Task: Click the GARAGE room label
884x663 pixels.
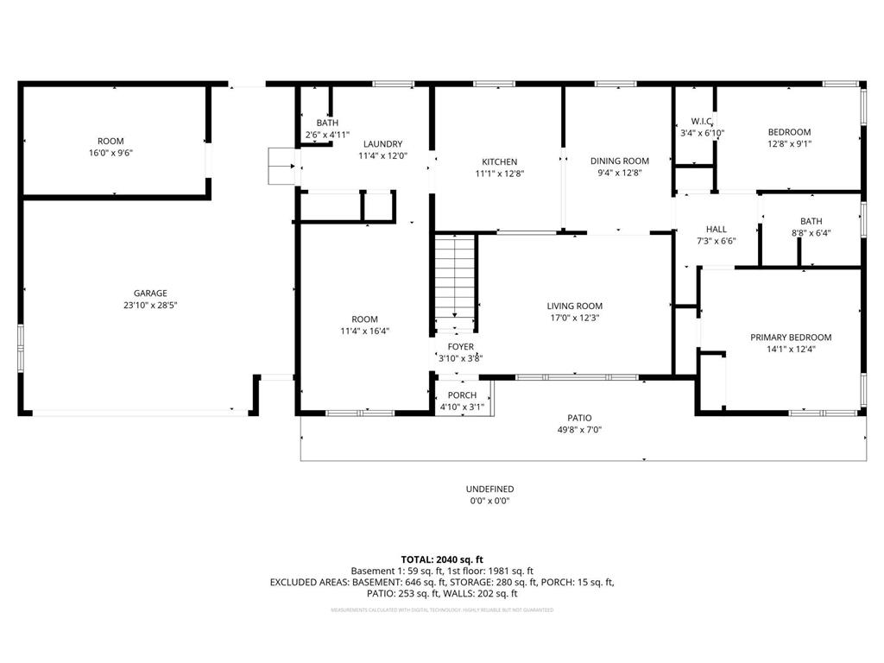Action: pos(150,293)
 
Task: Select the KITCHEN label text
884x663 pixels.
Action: pos(499,161)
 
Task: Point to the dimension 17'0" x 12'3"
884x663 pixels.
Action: pos(574,318)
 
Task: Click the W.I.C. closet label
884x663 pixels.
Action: pos(702,122)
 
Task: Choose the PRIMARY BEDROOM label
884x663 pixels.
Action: pos(790,338)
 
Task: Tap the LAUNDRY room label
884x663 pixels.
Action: pos(382,144)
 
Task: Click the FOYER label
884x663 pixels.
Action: pos(460,347)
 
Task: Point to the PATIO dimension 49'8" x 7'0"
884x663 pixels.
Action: pos(579,429)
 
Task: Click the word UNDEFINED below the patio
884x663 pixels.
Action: pos(489,489)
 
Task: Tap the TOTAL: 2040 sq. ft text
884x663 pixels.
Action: pos(442,559)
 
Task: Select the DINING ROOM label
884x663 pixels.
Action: pos(619,161)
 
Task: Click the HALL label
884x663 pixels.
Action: pos(717,230)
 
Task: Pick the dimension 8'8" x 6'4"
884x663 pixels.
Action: pos(811,232)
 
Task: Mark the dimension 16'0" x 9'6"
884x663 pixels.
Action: pos(110,153)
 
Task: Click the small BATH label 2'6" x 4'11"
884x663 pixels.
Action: pos(327,123)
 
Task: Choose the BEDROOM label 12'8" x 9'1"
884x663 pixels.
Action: pos(789,132)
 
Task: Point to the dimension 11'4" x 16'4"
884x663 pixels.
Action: pos(365,331)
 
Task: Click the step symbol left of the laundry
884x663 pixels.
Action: pos(282,166)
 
